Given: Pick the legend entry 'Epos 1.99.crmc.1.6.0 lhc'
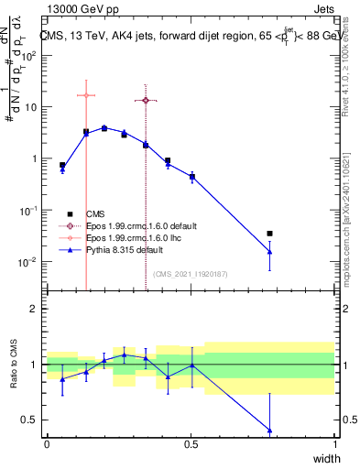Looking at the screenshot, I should (133, 236).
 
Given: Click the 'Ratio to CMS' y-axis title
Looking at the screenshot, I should (13, 365).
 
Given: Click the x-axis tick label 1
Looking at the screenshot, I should (335, 445).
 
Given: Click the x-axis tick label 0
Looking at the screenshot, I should (47, 445).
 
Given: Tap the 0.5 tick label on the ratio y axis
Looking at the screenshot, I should (28, 420).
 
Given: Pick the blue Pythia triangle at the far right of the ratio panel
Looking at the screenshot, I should (269, 430).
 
